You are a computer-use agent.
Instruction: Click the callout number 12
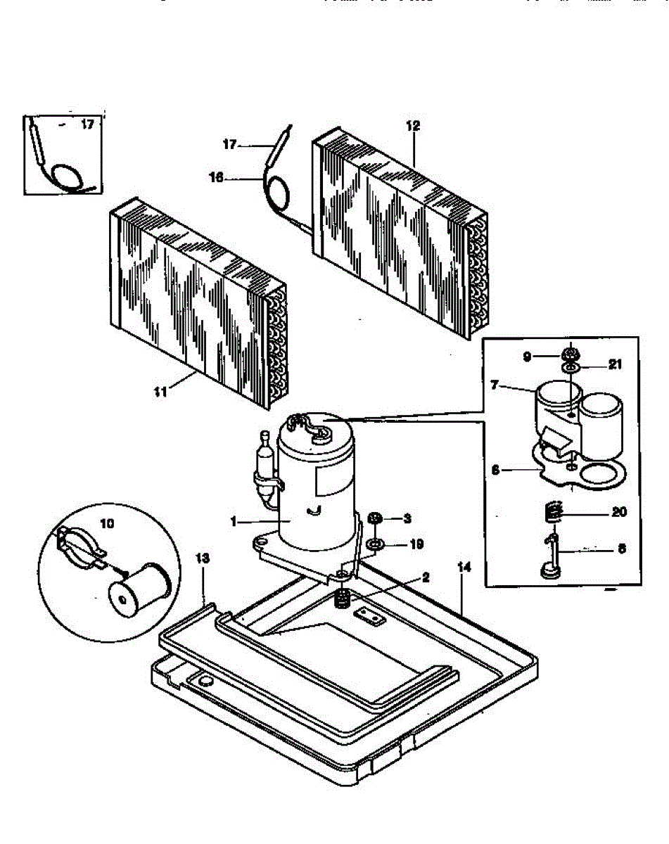click(413, 127)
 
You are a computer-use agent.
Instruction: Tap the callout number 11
click(161, 392)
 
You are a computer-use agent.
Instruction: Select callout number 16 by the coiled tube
click(216, 178)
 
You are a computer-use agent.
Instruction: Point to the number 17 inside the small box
click(87, 125)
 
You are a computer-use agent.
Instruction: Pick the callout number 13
click(203, 558)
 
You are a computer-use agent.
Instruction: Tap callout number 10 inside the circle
click(107, 523)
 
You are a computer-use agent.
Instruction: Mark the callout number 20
click(618, 512)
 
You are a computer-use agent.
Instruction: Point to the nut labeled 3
click(376, 519)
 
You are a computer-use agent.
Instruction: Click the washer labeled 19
click(374, 544)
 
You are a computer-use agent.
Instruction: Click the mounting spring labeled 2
click(343, 600)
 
